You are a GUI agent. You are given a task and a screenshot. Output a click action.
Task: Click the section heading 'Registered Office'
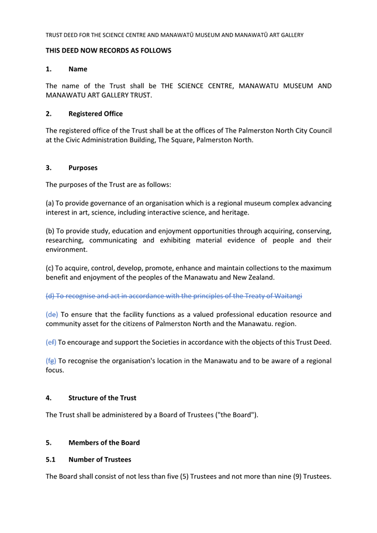click(95, 113)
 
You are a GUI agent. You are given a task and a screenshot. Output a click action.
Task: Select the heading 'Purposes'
click(83, 168)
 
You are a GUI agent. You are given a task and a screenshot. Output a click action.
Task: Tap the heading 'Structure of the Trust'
click(102, 398)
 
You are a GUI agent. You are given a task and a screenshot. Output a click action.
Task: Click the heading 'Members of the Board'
click(104, 442)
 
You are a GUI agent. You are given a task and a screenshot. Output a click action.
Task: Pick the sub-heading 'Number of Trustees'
click(100, 459)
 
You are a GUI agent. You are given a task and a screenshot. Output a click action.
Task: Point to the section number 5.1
click(51, 459)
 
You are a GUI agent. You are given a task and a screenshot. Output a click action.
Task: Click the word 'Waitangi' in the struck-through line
click(287, 296)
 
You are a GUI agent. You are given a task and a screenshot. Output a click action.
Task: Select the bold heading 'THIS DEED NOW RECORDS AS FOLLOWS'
click(108, 51)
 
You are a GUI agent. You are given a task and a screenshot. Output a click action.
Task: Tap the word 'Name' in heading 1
click(78, 69)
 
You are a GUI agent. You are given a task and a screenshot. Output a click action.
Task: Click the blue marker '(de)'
click(52, 314)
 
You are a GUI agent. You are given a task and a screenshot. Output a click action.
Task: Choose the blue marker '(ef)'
click(51, 342)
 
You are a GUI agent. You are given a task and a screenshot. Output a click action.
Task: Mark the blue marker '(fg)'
click(51, 361)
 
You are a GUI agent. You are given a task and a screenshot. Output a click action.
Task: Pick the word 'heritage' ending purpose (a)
click(235, 213)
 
